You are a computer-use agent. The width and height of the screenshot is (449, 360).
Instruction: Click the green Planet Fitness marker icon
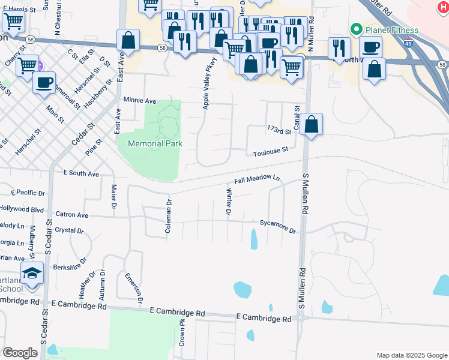(356, 29)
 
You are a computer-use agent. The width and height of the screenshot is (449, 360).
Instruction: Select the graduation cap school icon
(32, 274)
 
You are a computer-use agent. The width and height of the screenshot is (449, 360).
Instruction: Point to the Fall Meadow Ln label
(257, 179)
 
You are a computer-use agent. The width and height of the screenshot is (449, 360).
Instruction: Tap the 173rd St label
(279, 130)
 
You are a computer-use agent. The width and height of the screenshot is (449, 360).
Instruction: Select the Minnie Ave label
(139, 101)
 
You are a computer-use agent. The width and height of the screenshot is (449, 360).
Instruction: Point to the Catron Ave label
(71, 215)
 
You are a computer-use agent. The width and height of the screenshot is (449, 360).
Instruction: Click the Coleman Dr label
(168, 217)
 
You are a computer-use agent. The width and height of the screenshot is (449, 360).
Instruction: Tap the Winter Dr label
(228, 202)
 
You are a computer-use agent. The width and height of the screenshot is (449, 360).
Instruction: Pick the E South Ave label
(81, 174)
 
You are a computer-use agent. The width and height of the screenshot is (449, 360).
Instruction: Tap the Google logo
(20, 353)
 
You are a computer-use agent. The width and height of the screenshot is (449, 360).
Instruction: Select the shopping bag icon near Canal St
(312, 125)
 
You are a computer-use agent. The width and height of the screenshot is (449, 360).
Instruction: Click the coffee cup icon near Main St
(44, 83)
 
